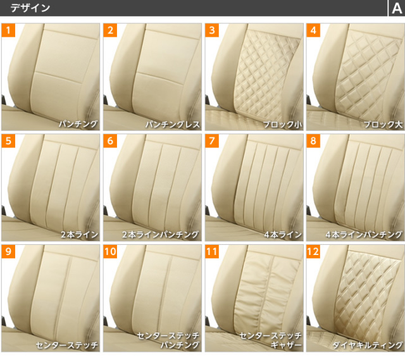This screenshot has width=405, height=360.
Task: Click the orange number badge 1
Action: click(x=8, y=30)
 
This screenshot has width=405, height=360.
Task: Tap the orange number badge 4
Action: click(x=313, y=30)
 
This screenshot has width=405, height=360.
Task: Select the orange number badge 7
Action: click(x=212, y=140)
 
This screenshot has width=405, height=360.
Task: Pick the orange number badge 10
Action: click(x=110, y=252)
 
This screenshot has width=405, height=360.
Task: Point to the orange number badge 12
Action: click(x=313, y=252)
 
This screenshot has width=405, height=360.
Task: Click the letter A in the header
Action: click(x=397, y=8)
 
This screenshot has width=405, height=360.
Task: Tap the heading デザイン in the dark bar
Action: click(x=30, y=8)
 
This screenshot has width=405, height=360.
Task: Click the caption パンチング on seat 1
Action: click(x=78, y=124)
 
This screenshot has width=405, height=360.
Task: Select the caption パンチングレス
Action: click(x=173, y=124)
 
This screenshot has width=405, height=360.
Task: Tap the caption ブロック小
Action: click(x=282, y=125)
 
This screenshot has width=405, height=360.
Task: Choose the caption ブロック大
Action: click(x=383, y=125)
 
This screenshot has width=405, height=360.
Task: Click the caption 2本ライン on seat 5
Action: click(x=79, y=235)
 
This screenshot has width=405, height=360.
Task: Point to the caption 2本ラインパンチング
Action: click(x=161, y=235)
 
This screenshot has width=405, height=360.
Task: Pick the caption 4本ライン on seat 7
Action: click(x=283, y=235)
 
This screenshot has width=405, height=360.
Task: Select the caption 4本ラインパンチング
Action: click(x=364, y=235)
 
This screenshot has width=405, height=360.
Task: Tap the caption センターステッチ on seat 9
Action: click(x=67, y=345)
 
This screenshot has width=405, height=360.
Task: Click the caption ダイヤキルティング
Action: click(x=368, y=345)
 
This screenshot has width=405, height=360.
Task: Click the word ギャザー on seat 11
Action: click(x=286, y=345)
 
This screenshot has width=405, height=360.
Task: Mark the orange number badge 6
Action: click(x=110, y=140)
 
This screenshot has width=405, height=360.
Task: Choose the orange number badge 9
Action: click(x=8, y=252)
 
